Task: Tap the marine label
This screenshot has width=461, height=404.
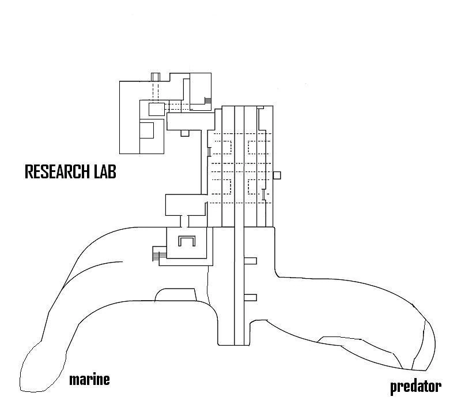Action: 89,380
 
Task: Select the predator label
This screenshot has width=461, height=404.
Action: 415,386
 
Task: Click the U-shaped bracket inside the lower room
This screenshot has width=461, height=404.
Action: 187,241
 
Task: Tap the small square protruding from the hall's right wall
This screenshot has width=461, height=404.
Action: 277,175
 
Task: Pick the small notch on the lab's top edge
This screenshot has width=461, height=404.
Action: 155,77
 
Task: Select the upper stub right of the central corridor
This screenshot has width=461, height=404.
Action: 250,261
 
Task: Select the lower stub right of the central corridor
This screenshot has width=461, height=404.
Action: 250,297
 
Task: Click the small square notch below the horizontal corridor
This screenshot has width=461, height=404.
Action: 185,133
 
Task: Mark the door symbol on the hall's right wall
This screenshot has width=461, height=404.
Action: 263,195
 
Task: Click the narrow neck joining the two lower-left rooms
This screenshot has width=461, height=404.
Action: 187,221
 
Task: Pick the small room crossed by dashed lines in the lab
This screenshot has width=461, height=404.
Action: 157,108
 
